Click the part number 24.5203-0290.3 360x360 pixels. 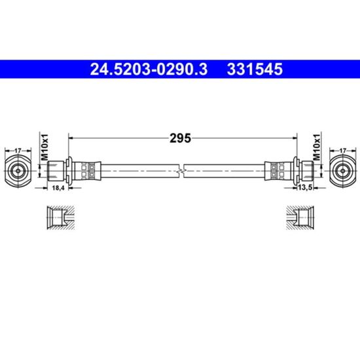pos(149,69)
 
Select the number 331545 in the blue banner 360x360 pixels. pos(255,69)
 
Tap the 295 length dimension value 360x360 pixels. pos(180,138)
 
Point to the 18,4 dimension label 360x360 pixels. pos(58,188)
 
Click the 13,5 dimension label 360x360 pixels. pos(305,188)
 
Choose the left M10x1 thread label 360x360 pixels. pos(45,147)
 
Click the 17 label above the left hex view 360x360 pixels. pos(18,151)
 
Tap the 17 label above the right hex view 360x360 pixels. pos(342,151)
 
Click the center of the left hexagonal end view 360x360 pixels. pos(18,171)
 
